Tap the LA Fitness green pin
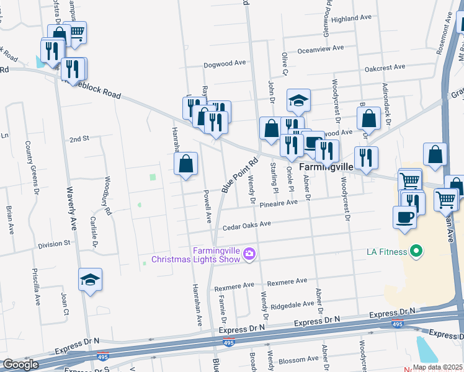(416, 251)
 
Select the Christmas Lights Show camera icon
(249, 254)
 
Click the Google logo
(20, 365)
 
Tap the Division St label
(54, 244)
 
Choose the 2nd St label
(79, 139)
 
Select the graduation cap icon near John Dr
(298, 100)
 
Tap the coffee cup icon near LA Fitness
(404, 217)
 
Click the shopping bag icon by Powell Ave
(186, 164)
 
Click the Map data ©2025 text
(438, 367)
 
